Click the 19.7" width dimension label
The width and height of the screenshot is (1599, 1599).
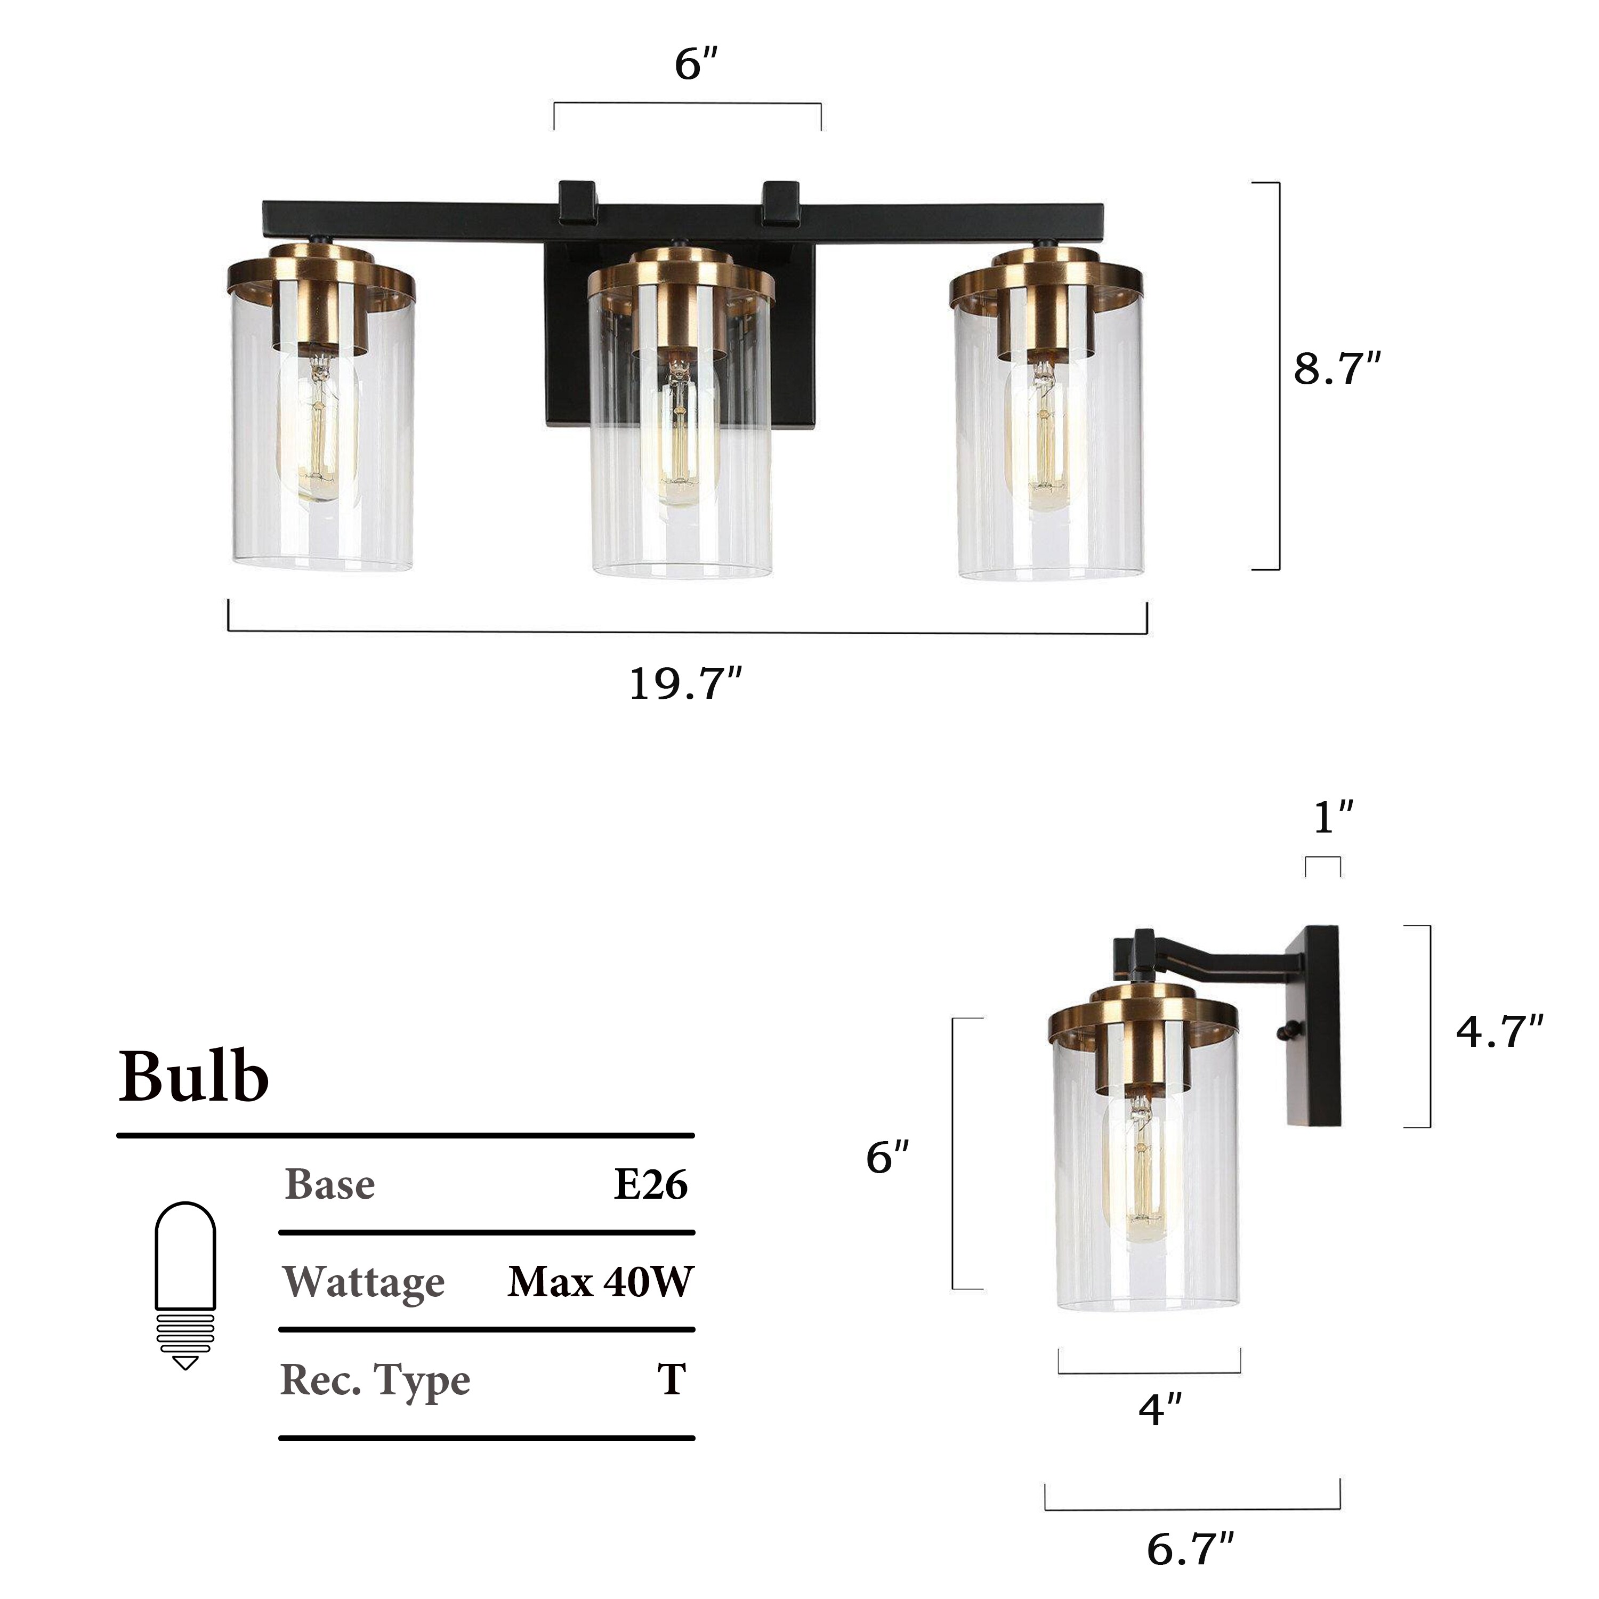click(685, 684)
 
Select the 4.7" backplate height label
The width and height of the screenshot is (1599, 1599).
click(1500, 1031)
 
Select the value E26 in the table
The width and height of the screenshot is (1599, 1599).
click(650, 1184)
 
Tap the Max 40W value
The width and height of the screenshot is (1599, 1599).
click(600, 1282)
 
